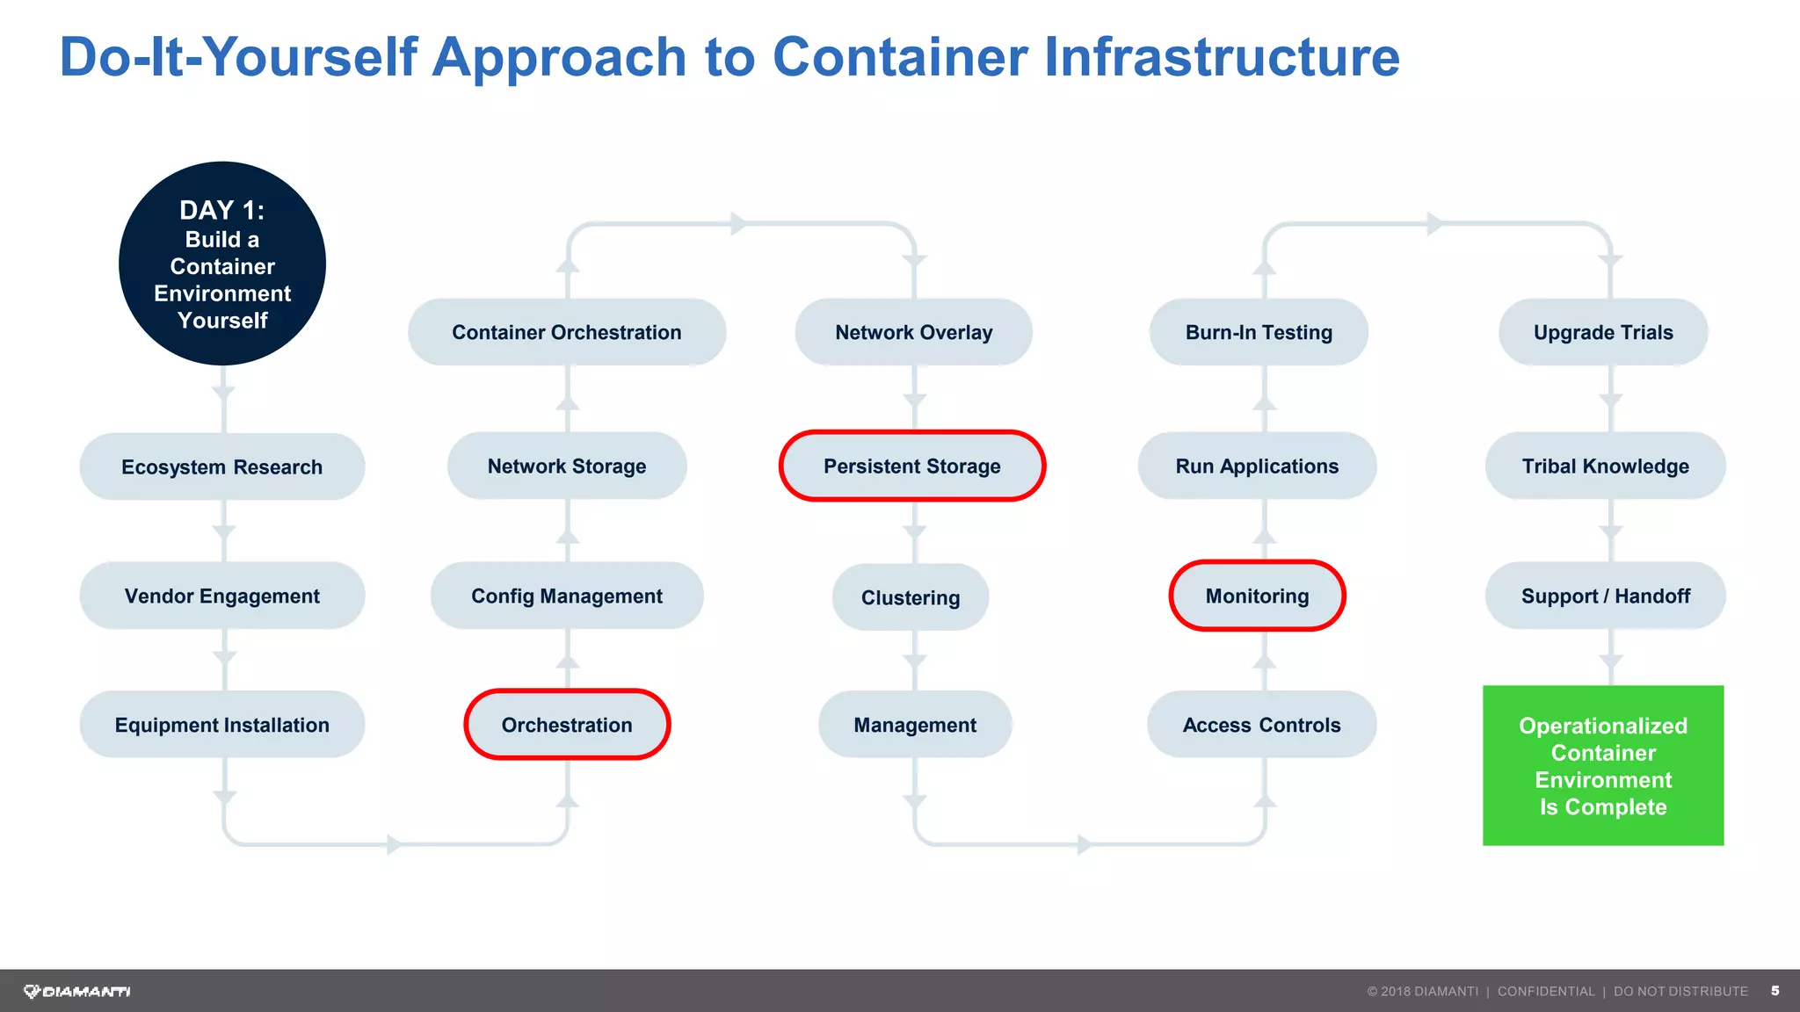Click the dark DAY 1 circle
(x=222, y=264)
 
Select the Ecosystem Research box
(x=222, y=466)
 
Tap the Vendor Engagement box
(x=222, y=596)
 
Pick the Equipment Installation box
(x=222, y=725)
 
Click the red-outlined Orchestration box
(x=567, y=725)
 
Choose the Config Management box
(x=567, y=596)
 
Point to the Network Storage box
(x=567, y=466)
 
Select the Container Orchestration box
(x=567, y=332)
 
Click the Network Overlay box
(x=913, y=332)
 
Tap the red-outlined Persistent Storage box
(x=912, y=466)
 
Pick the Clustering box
(x=911, y=597)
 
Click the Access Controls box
(x=1261, y=725)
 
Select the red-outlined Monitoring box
(x=1257, y=596)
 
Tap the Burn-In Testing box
(x=1259, y=332)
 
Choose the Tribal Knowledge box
(x=1605, y=466)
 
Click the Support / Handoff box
(x=1605, y=596)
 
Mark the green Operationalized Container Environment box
(x=1603, y=765)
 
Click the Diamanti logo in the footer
(x=77, y=991)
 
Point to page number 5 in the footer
(x=1775, y=991)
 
